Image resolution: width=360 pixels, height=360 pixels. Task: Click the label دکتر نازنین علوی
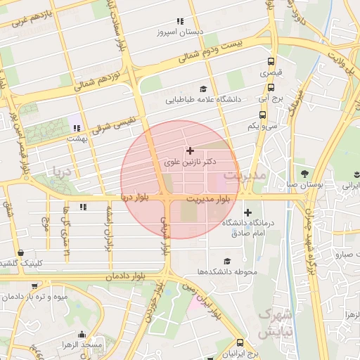(x=191, y=162)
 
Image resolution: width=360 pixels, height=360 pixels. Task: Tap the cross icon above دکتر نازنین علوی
(x=190, y=150)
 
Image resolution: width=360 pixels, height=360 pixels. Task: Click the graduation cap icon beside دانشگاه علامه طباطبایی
(x=203, y=89)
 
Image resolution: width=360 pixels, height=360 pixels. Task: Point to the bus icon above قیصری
(x=271, y=61)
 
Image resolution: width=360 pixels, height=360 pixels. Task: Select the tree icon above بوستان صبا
(x=304, y=173)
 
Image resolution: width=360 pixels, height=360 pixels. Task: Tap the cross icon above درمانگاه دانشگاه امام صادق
(x=247, y=212)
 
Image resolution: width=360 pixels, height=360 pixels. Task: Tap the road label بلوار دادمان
(x=126, y=278)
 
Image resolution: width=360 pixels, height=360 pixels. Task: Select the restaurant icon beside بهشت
(x=76, y=128)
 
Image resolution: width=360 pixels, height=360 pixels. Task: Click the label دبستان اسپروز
(x=179, y=32)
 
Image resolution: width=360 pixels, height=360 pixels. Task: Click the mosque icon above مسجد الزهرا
(x=82, y=334)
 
